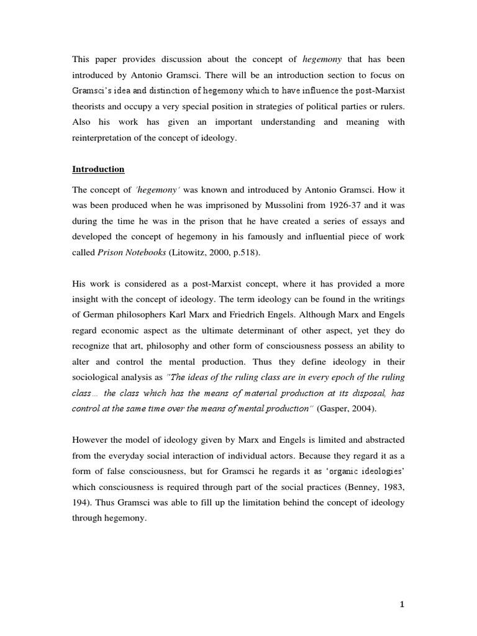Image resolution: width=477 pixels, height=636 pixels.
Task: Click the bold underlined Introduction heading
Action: coord(98,169)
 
